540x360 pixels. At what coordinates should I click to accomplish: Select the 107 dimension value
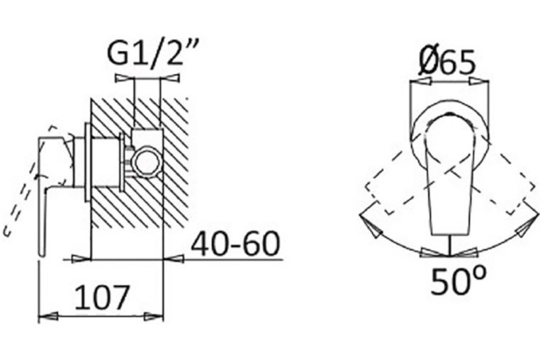102,297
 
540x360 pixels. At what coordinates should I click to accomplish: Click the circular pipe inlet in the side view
147,162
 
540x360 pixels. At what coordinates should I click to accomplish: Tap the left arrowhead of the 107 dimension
47,316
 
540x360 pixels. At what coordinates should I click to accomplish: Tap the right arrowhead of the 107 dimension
154,317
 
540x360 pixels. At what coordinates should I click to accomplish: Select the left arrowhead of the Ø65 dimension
420,81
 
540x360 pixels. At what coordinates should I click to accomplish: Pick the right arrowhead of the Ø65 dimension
478,81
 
